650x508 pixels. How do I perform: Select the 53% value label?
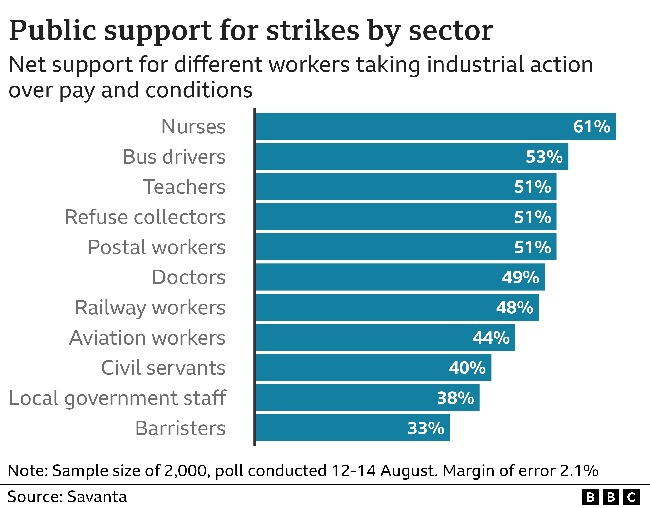pos(544,157)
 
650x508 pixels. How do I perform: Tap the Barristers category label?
pos(180,428)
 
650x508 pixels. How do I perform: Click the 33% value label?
pos(426,428)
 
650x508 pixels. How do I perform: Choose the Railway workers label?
pos(150,308)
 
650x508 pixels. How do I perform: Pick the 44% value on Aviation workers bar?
pos(491,338)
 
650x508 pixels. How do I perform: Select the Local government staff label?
pos(117,398)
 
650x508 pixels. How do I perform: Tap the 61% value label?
pos(591,127)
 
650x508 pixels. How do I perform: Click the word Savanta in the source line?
pos(97,497)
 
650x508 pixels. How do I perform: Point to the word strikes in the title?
pos(313,30)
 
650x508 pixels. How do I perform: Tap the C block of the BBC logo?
pos(631,497)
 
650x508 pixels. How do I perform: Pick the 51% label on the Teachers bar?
pos(532,187)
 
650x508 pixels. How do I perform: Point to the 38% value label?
pos(455,398)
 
